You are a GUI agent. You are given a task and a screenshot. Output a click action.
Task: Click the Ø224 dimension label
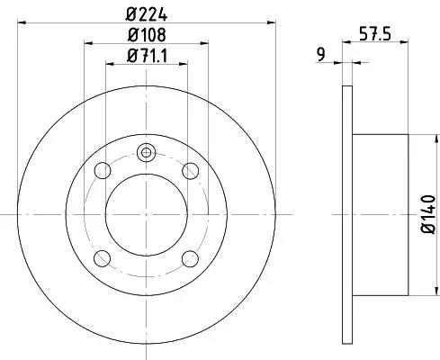[147, 15]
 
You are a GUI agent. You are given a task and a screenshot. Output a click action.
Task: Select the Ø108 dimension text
[147, 35]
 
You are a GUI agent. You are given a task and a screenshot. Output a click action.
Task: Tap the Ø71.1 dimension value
[147, 56]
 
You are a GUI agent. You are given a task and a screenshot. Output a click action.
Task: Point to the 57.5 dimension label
[375, 33]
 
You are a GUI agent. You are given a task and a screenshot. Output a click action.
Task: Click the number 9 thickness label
[321, 55]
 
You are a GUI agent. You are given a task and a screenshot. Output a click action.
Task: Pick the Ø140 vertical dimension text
[428, 214]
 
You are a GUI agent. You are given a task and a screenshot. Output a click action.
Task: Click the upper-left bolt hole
[103, 170]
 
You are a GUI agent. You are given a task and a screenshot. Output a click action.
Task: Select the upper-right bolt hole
[191, 171]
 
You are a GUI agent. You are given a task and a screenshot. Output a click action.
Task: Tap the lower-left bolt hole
[103, 258]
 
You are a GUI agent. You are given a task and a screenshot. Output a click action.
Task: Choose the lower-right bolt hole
[191, 258]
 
